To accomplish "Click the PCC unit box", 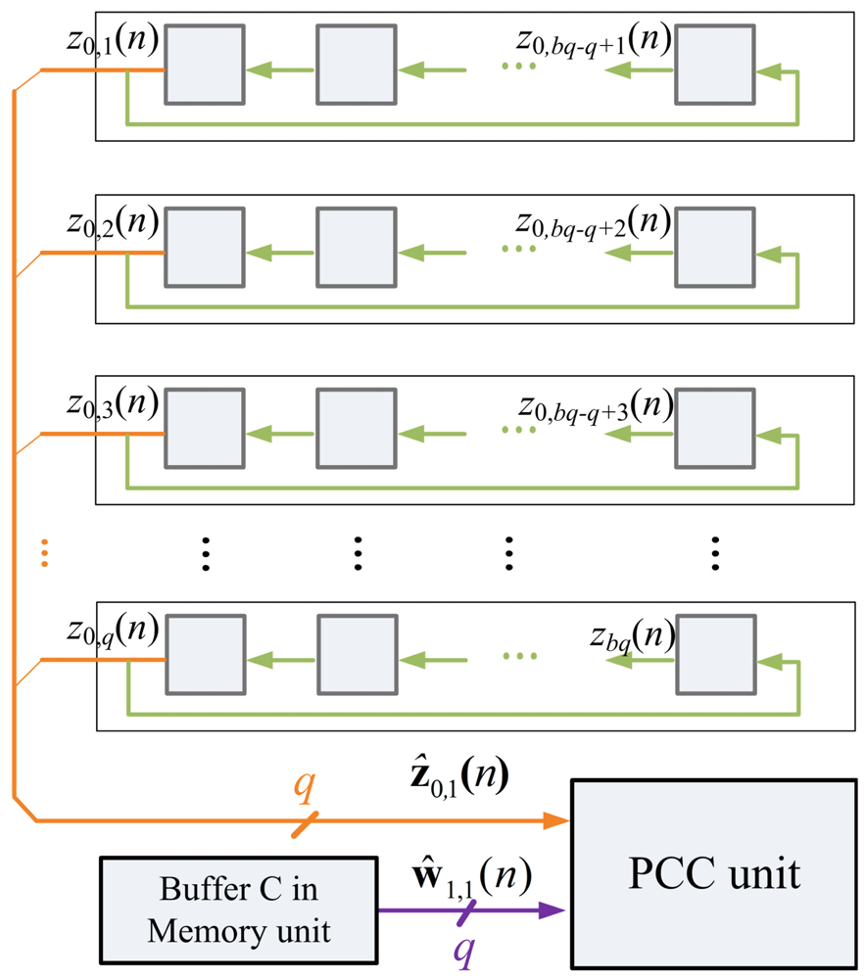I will coord(713,874).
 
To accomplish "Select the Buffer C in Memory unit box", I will coord(238,911).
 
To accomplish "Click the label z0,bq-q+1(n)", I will coord(594,43).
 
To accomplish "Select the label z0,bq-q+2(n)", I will coord(594,225).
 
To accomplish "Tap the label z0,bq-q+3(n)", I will coord(594,404).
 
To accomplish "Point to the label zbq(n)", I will coord(632,637).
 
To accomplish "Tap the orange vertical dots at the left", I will coord(45,552).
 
